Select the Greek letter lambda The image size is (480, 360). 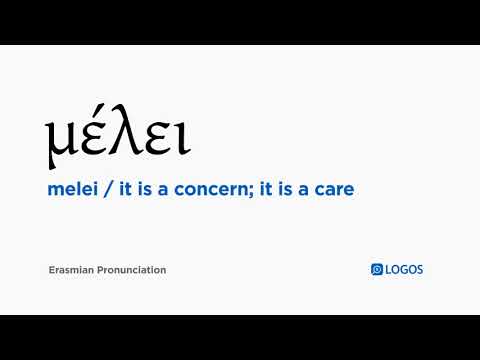click(123, 136)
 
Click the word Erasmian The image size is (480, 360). click(71, 270)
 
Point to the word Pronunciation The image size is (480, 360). click(132, 270)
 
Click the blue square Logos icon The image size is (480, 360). click(377, 269)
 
